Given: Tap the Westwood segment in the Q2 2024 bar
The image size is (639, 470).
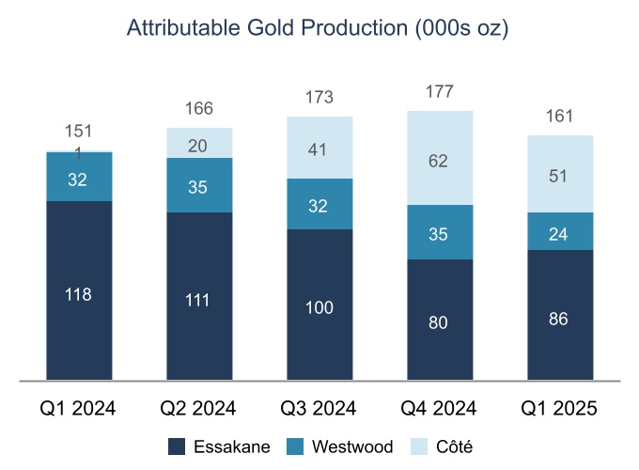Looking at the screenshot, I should [199, 185].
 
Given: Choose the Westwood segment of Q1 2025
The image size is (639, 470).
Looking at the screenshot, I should [560, 231].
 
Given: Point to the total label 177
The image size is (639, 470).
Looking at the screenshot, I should [440, 92].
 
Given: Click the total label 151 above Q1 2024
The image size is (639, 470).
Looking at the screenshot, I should [78, 132].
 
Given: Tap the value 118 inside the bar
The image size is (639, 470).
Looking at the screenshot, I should [78, 295].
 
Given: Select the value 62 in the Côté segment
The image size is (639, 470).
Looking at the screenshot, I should [439, 162].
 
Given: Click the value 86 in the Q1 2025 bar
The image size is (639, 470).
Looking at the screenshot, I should [560, 318].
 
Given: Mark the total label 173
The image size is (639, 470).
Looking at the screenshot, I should [319, 98].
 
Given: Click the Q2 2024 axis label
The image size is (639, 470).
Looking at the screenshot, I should [199, 408].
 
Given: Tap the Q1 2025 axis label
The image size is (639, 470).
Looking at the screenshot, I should [560, 408].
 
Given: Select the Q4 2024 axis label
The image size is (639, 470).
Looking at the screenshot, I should [440, 408].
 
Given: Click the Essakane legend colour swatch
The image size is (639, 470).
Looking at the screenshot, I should [176, 446].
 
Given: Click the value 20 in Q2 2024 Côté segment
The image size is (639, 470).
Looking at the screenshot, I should [199, 146].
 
